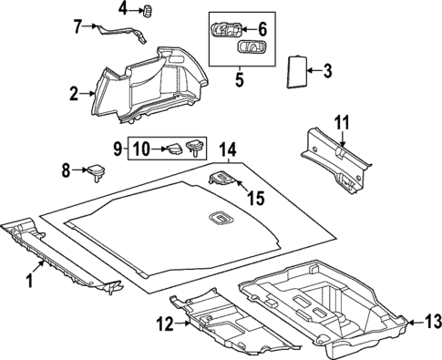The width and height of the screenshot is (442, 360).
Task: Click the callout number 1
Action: pyautogui.click(x=29, y=281)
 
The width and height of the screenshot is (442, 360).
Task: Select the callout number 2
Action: pyautogui.click(x=74, y=92)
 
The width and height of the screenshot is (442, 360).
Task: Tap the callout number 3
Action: pyautogui.click(x=329, y=70)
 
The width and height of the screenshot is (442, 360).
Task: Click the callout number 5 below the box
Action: pyautogui.click(x=240, y=78)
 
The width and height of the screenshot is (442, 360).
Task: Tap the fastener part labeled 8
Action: pyautogui.click(x=94, y=169)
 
